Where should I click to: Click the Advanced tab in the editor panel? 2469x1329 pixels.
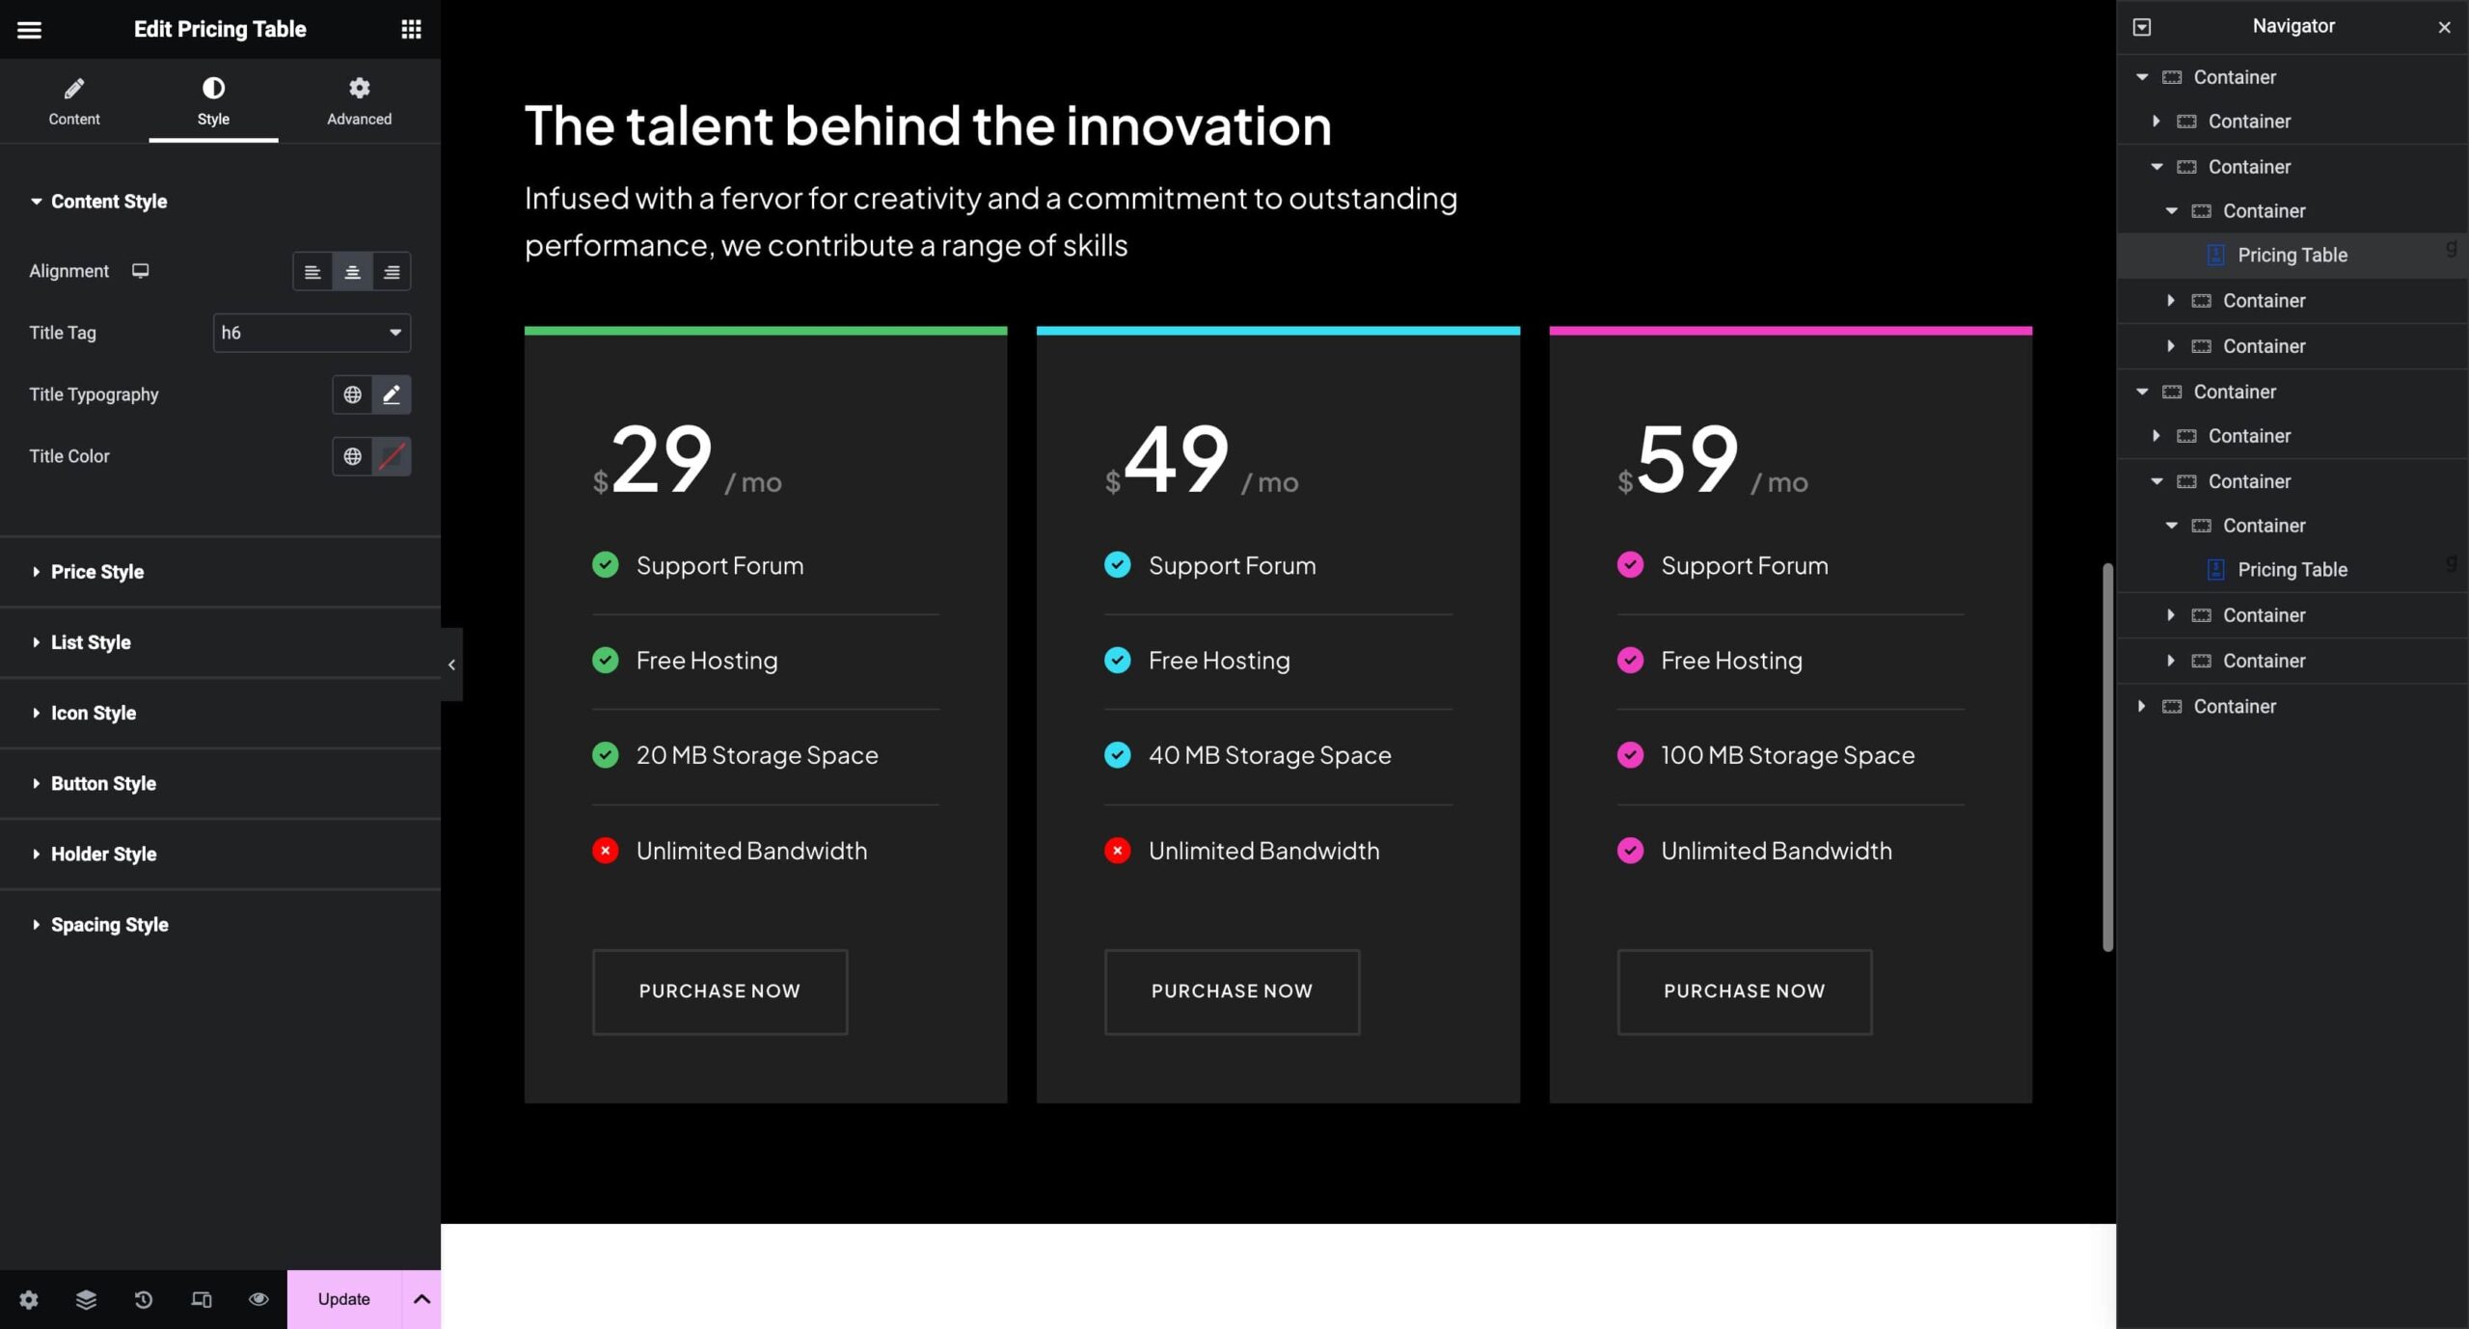pyautogui.click(x=359, y=101)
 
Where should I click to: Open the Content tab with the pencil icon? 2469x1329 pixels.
pyautogui.click(x=74, y=101)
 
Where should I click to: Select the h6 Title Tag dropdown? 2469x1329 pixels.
pyautogui.click(x=312, y=333)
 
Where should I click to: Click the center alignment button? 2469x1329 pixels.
pyautogui.click(x=352, y=272)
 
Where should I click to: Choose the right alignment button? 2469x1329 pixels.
pyautogui.click(x=392, y=272)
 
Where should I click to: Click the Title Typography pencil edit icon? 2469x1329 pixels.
pyautogui.click(x=392, y=394)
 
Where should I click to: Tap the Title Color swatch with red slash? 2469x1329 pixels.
pyautogui.click(x=392, y=456)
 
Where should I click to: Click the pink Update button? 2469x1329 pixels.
pyautogui.click(x=343, y=1299)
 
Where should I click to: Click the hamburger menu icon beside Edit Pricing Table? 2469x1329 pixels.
pyautogui.click(x=30, y=30)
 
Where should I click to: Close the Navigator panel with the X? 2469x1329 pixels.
pyautogui.click(x=2444, y=27)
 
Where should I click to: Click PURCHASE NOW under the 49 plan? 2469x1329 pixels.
pyautogui.click(x=1232, y=991)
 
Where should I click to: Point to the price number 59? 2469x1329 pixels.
pyautogui.click(x=1688, y=459)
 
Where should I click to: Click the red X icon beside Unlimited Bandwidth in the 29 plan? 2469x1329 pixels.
pyautogui.click(x=605, y=851)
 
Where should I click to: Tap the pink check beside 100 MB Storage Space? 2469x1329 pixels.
pyautogui.click(x=1630, y=755)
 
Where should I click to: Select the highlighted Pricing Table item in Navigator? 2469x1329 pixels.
pyautogui.click(x=2293, y=256)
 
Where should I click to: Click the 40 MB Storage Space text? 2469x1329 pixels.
pyautogui.click(x=1270, y=755)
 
